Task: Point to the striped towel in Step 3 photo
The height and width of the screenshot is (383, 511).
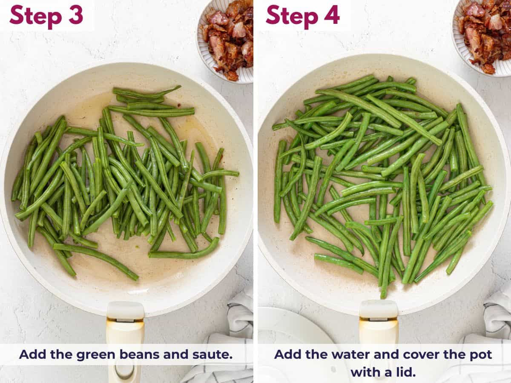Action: click(238, 319)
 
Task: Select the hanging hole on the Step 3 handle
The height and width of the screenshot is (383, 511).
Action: click(124, 371)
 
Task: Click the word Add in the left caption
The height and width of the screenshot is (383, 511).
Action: click(31, 354)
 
